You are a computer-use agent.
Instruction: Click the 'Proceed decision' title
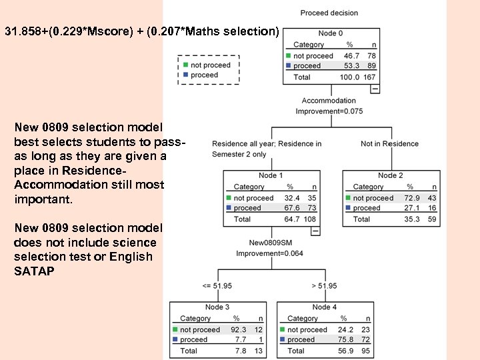click(329, 13)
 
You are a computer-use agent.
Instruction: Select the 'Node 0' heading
click(331, 33)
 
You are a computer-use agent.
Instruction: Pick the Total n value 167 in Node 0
click(371, 77)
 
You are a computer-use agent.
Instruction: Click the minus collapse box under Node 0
click(375, 88)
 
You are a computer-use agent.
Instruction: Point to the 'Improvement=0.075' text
click(329, 111)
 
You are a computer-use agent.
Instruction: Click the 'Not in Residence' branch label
click(389, 143)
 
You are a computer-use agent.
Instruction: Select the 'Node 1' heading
click(271, 175)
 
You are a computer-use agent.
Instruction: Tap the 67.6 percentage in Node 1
click(291, 208)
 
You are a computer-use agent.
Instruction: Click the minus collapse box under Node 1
click(315, 231)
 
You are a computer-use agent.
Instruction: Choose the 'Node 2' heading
click(390, 175)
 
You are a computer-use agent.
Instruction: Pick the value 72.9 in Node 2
click(410, 198)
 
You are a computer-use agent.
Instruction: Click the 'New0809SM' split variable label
click(271, 243)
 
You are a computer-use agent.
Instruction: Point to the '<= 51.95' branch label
click(217, 286)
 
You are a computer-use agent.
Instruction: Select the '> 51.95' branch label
click(324, 286)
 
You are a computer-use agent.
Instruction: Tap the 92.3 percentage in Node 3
click(238, 329)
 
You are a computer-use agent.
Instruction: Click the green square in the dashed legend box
click(185, 65)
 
